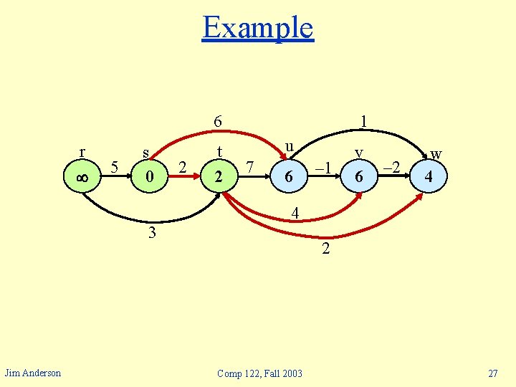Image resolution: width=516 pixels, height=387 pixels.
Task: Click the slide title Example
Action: tap(258, 28)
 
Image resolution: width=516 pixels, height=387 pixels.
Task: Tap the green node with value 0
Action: tap(148, 176)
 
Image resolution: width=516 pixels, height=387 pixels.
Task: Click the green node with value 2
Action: tap(219, 176)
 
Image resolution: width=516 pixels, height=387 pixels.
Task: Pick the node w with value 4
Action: tap(428, 176)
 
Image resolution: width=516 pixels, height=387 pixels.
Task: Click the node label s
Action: tap(146, 153)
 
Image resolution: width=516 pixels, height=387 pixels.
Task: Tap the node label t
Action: tap(221, 152)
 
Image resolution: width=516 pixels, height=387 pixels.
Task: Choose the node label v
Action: tap(360, 152)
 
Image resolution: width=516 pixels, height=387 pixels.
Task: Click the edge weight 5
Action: tap(115, 168)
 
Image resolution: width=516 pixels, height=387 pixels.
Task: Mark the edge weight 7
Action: tap(249, 168)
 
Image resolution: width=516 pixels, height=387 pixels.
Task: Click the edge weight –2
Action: tap(391, 168)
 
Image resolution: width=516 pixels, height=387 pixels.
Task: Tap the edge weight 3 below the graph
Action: tap(152, 233)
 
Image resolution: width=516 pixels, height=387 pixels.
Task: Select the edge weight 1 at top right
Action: tap(364, 122)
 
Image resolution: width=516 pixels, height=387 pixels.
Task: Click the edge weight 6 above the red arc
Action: tap(217, 122)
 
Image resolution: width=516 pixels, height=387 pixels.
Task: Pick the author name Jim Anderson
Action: tap(33, 372)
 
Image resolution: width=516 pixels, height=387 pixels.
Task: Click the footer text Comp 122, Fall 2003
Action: tap(259, 373)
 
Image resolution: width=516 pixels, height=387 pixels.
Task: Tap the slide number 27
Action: tap(492, 373)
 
